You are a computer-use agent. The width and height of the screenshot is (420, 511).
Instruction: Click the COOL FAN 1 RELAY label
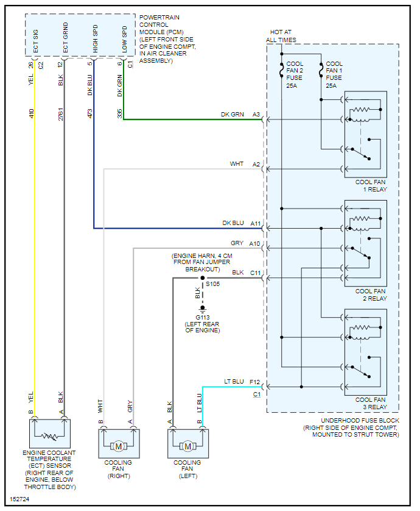pyautogui.click(x=370, y=185)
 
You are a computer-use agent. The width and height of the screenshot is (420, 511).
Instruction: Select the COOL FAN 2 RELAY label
pyautogui.click(x=370, y=295)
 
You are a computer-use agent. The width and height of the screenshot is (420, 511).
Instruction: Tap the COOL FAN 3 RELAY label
pyautogui.click(x=370, y=403)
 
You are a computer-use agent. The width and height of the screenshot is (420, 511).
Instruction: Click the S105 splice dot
pyautogui.click(x=202, y=278)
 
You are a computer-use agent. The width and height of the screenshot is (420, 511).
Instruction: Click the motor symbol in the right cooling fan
pyautogui.click(x=118, y=446)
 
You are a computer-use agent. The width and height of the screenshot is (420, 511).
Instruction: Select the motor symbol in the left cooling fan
pyautogui.click(x=187, y=446)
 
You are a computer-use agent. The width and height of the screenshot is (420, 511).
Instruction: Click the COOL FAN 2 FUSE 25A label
pyautogui.click(x=295, y=74)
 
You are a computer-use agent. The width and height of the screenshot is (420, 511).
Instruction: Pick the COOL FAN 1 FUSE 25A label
pyautogui.click(x=334, y=74)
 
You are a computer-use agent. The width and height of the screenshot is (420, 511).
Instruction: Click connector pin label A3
pyautogui.click(x=256, y=114)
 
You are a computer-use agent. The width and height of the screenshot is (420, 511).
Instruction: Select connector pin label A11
pyautogui.click(x=255, y=223)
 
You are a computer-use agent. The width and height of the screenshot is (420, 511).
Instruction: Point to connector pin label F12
pyautogui.click(x=255, y=382)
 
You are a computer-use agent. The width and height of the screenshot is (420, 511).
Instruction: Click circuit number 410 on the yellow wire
pyautogui.click(x=31, y=113)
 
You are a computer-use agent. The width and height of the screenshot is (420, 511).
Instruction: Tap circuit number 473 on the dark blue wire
pyautogui.click(x=90, y=113)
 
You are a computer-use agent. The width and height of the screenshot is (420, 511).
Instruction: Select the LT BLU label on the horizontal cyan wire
pyautogui.click(x=235, y=382)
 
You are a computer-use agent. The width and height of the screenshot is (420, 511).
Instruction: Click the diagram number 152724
pyautogui.click(x=19, y=499)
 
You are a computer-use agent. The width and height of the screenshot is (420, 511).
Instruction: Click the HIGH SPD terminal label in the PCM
pyautogui.click(x=95, y=38)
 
